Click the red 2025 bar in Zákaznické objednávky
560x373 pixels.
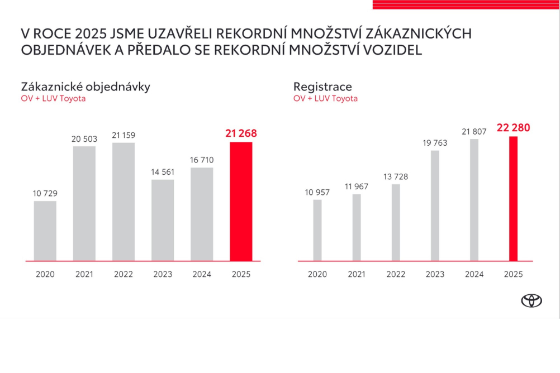[241, 201]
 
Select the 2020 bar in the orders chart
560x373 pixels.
[45, 231]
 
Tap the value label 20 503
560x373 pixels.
[84, 139]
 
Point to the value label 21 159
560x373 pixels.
[124, 135]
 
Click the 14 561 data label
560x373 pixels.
[162, 172]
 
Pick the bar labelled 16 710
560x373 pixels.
[202, 214]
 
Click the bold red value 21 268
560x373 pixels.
[241, 133]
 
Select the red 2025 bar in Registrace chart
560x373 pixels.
[514, 198]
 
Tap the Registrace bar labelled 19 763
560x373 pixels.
[435, 205]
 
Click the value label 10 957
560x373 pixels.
[317, 193]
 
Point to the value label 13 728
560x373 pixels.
[396, 177]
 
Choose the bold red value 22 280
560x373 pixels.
[513, 128]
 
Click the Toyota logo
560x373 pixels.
[531, 300]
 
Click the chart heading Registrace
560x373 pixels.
[322, 87]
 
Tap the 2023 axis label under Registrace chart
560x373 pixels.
[435, 274]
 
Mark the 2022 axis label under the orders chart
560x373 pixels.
[124, 274]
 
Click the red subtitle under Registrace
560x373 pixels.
[325, 98]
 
